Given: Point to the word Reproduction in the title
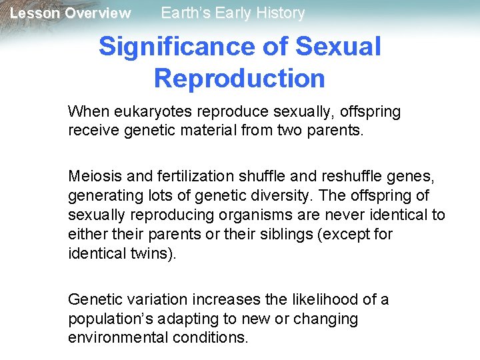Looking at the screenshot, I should point(239,78).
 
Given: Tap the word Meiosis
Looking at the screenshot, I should point(92,176).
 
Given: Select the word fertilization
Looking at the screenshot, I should point(173,176).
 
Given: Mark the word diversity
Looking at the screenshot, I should point(288,196).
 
